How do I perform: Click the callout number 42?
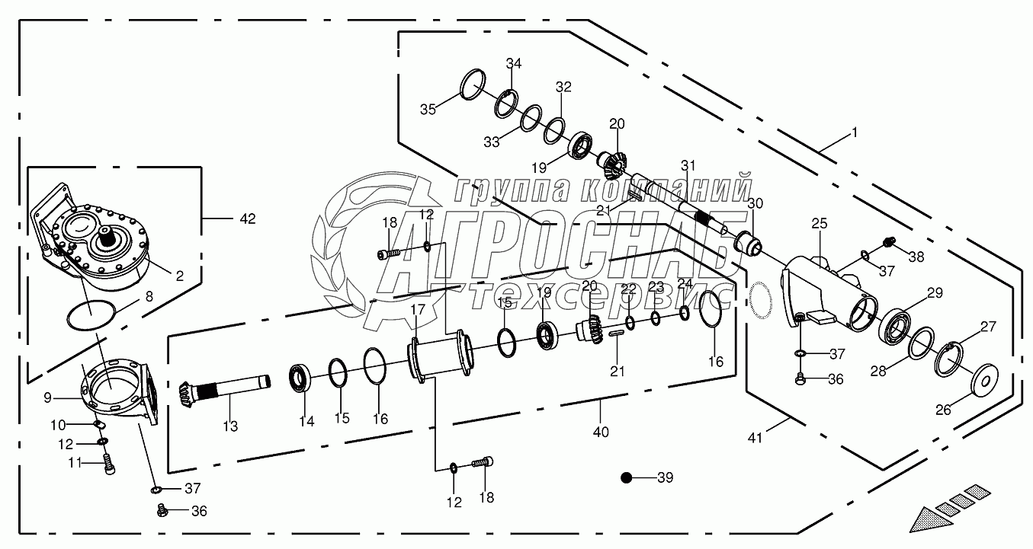pos(247,219)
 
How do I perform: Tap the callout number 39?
pos(665,477)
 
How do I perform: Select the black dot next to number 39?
pos(626,478)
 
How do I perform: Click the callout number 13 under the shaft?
pos(230,426)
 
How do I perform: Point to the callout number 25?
pos(819,224)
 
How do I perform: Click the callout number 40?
pos(601,432)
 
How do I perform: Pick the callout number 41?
pos(755,438)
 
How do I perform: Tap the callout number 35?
pos(428,110)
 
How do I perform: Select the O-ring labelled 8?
pos(91,315)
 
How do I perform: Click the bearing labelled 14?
pos(300,378)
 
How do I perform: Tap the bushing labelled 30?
pos(749,243)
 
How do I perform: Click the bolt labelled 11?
pos(109,463)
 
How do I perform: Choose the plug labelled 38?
pos(889,241)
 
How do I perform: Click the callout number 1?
pos(854,133)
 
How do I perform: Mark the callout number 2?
pos(180,276)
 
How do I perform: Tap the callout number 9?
pos(47,397)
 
